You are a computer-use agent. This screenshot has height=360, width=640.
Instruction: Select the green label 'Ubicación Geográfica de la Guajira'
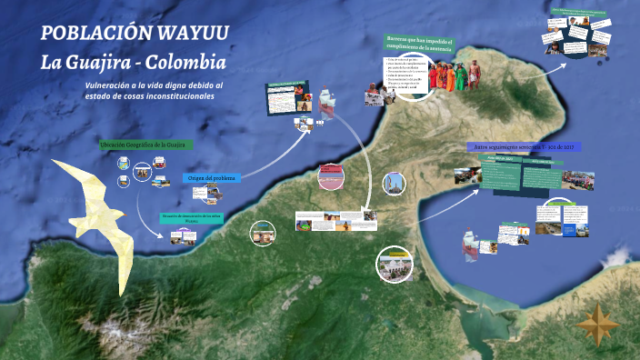(x=144, y=145)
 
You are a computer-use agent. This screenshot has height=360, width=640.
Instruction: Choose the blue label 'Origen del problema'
(x=212, y=178)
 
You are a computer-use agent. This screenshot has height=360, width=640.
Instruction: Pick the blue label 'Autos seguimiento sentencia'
(x=523, y=146)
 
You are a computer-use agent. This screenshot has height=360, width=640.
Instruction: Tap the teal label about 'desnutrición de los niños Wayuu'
(x=191, y=216)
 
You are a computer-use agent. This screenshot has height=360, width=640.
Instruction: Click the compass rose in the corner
(x=598, y=323)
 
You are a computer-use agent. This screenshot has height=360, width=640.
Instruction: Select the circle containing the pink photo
(x=331, y=176)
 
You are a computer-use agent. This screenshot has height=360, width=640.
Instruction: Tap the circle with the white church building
(x=395, y=264)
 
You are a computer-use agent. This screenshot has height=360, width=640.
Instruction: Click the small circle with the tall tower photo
(x=393, y=184)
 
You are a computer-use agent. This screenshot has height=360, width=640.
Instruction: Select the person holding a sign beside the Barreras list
(x=373, y=92)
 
